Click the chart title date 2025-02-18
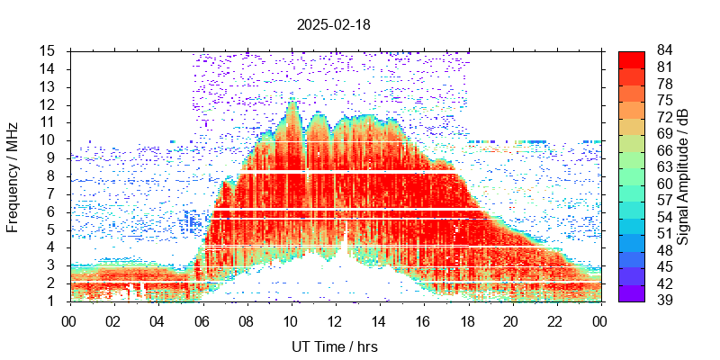tap(333, 25)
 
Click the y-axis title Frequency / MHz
tap(13, 175)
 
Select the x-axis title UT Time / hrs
tap(335, 346)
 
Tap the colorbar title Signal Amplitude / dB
tap(683, 175)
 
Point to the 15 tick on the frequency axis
tap(49, 50)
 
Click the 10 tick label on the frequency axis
tap(49, 139)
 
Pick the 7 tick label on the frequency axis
tap(53, 193)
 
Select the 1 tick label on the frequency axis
tap(53, 301)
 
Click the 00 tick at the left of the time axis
tap(68, 319)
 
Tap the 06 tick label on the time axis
tap(202, 319)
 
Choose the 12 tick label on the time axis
tap(335, 319)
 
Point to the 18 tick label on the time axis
tap(467, 319)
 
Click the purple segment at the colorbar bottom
tap(631, 292)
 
